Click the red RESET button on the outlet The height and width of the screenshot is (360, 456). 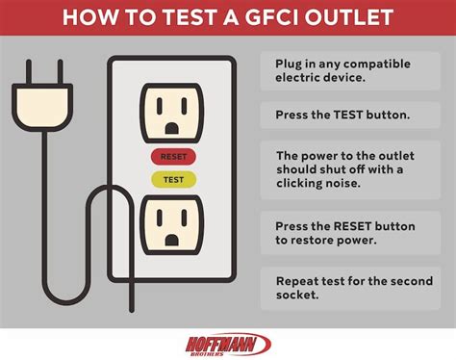click(x=173, y=157)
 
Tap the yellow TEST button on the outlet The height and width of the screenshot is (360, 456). click(x=173, y=180)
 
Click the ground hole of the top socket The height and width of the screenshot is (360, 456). click(x=172, y=128)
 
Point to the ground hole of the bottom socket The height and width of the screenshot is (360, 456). click(x=172, y=240)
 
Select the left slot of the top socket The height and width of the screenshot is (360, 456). click(x=160, y=106)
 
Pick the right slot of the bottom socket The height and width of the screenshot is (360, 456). click(x=184, y=218)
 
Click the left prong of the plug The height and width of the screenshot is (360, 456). click(x=29, y=72)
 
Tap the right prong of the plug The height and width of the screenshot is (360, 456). click(x=60, y=72)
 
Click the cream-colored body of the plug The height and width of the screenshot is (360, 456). click(x=42, y=108)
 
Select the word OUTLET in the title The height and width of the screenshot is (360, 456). click(x=349, y=17)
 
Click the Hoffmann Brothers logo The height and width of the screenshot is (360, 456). click(x=228, y=345)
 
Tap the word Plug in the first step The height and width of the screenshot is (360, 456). click(x=289, y=64)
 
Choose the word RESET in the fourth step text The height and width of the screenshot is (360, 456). click(x=352, y=226)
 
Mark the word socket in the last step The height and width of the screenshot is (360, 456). click(x=297, y=295)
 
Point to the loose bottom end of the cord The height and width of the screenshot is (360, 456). click(x=132, y=310)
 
